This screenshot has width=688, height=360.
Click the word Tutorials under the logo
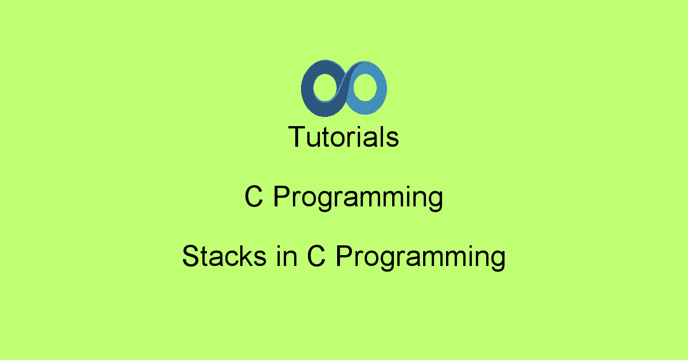(343, 137)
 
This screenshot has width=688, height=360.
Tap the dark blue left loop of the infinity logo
(307, 89)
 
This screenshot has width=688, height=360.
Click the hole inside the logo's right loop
(365, 87)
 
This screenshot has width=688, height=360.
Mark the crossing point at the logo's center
(345, 88)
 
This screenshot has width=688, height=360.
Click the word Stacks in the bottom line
(224, 256)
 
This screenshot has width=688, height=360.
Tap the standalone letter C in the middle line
(253, 197)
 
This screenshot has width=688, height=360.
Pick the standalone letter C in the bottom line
(316, 256)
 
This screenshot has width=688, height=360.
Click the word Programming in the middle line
(358, 198)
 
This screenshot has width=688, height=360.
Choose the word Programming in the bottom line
(420, 258)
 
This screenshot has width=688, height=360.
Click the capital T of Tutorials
(297, 136)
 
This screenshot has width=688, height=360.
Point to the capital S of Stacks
(191, 256)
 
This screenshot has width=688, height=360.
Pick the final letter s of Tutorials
(392, 139)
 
